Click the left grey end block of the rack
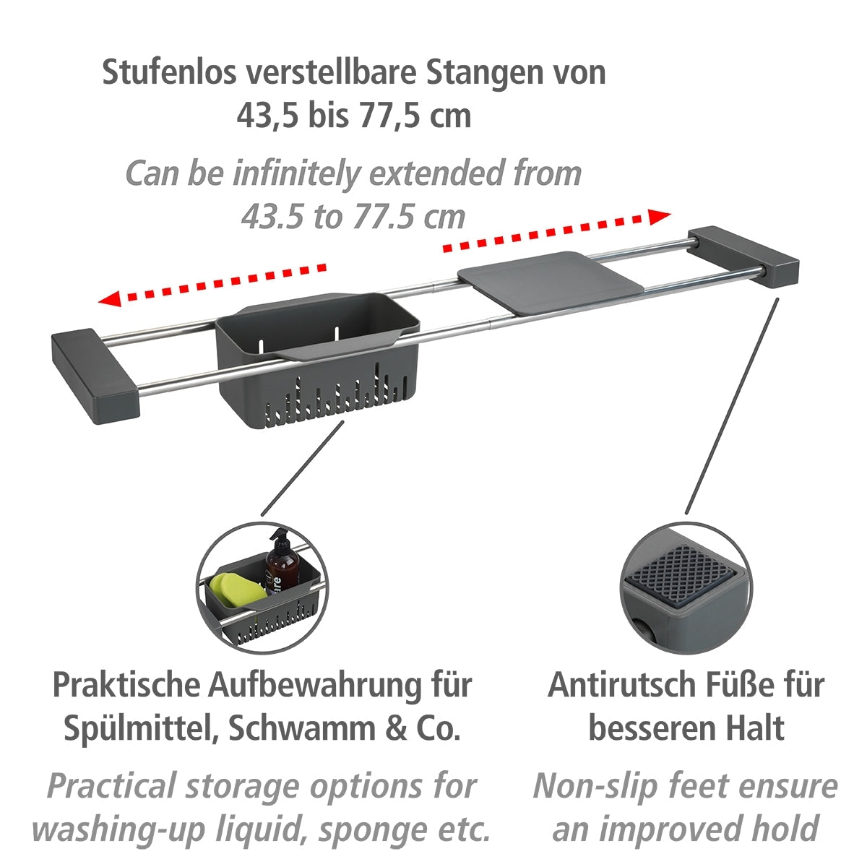tap(94, 375)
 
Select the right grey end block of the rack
tap(744, 256)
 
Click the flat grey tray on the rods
tap(550, 281)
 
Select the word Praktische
tap(124, 684)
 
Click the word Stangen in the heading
tap(491, 72)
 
